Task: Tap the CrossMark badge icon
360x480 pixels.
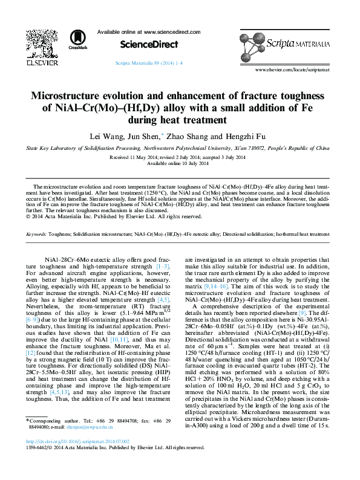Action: click(x=78, y=39)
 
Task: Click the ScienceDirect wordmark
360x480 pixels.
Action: click(x=149, y=44)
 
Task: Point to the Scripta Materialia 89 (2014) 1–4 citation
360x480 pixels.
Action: click(x=149, y=63)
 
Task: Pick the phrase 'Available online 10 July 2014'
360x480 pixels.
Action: click(x=179, y=164)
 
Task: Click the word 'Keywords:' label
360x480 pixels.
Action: click(x=36, y=233)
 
